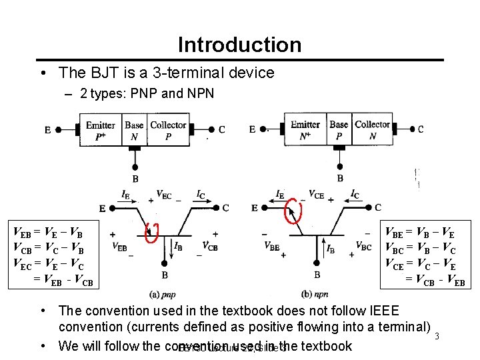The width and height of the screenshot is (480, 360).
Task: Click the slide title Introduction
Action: [x=239, y=45]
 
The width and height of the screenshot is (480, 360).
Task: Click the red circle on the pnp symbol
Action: [x=151, y=231]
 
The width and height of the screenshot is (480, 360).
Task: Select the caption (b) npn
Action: [x=315, y=294]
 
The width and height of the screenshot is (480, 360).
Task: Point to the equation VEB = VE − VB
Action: [x=48, y=233]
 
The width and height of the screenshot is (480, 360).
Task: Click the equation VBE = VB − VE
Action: [x=421, y=233]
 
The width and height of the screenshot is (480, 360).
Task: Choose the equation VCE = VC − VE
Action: [x=421, y=263]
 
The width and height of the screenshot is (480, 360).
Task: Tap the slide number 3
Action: [x=437, y=336]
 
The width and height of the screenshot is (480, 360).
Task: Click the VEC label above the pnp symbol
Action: [x=164, y=195]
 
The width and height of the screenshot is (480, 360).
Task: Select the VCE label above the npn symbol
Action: [x=317, y=195]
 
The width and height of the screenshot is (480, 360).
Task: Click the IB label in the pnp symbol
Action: [x=178, y=245]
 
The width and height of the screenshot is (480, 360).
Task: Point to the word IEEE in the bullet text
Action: [x=371, y=311]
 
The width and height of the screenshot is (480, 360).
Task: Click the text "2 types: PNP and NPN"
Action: [x=147, y=93]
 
